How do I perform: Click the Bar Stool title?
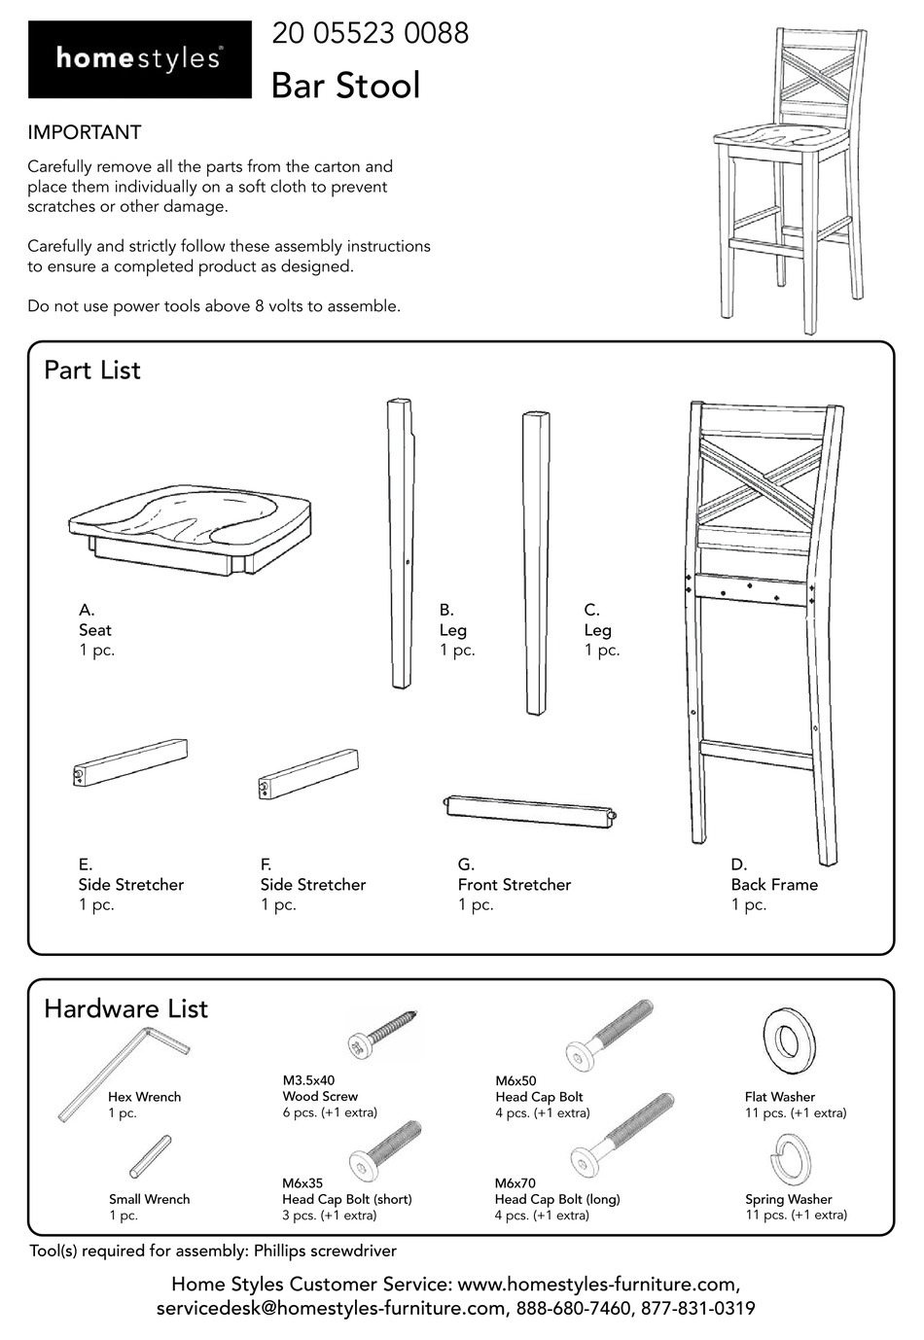coord(345,86)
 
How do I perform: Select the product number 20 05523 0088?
coord(370,34)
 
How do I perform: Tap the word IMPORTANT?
coord(84,132)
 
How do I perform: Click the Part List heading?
coord(92,370)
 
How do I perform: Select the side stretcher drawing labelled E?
coord(130,761)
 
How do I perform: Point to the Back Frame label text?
coord(774,885)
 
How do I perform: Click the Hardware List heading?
coord(125,1008)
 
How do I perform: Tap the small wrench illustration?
coord(151,1156)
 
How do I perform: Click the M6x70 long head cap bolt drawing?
coord(622,1133)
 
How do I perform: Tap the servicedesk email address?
coord(331,1309)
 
